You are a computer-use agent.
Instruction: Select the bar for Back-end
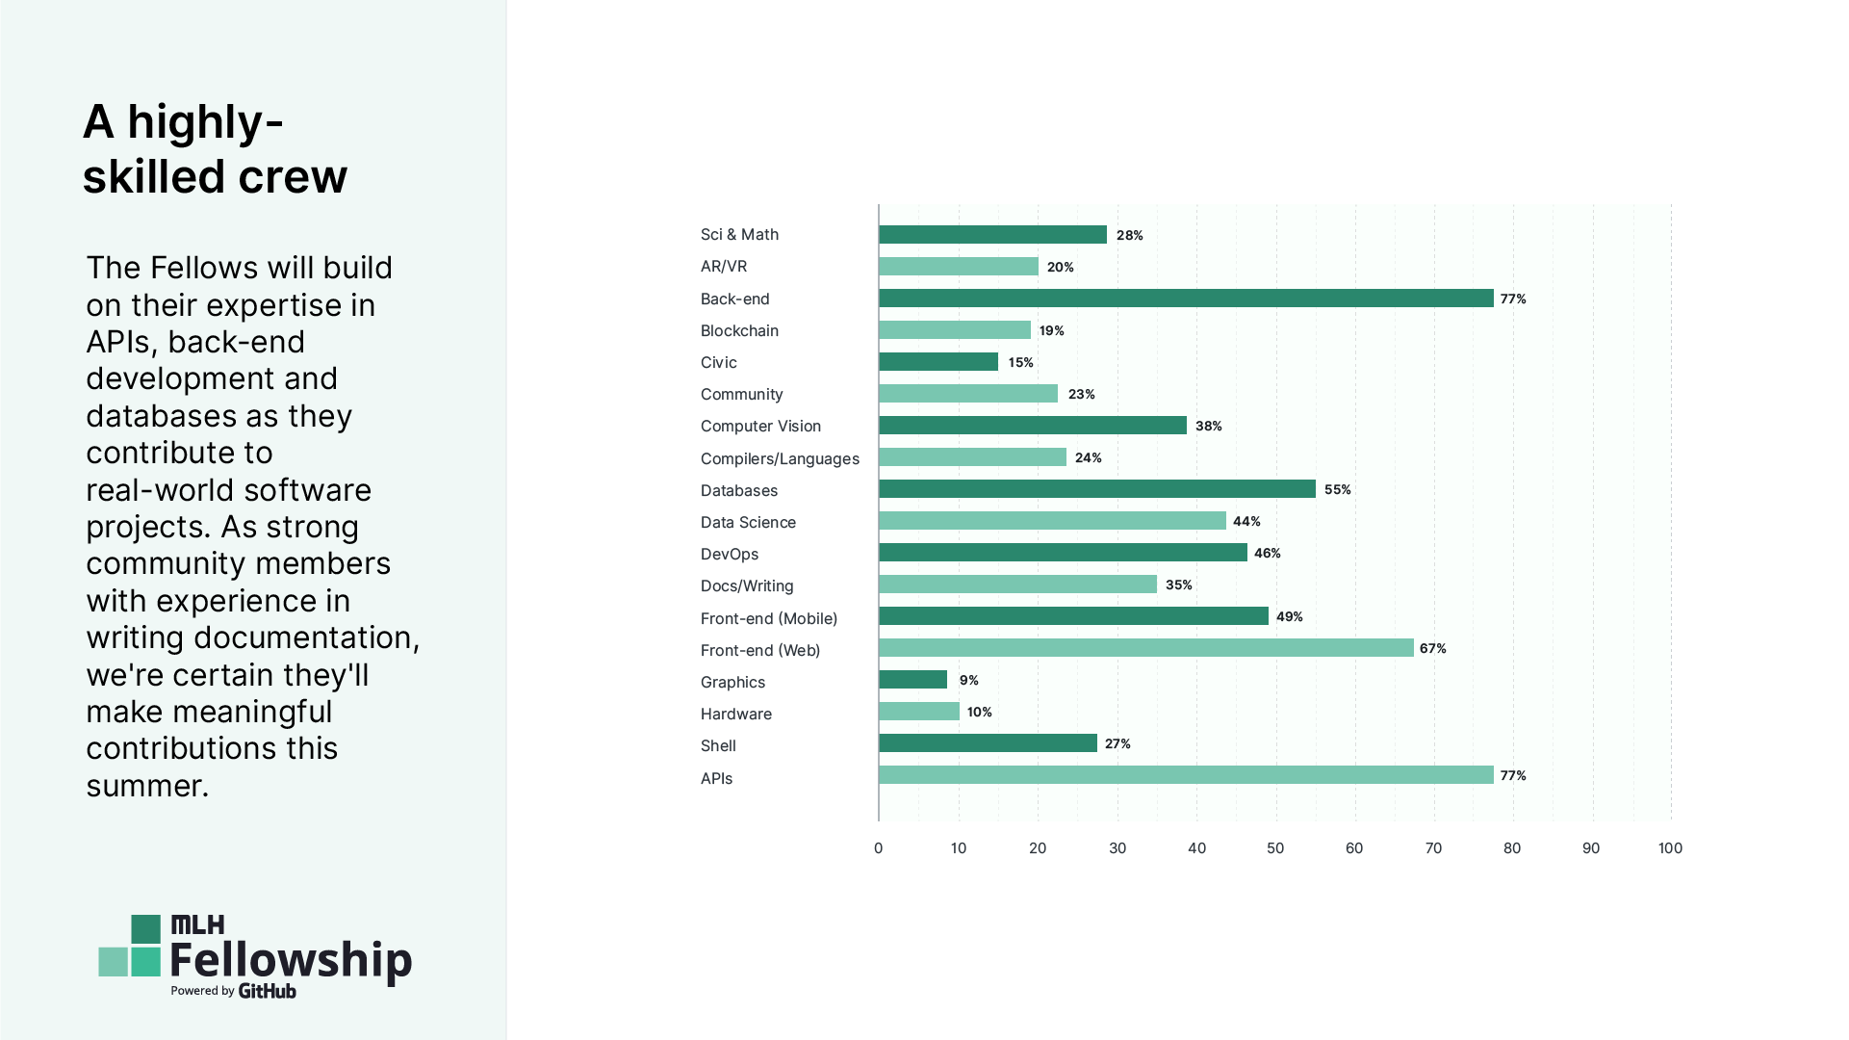click(1186, 299)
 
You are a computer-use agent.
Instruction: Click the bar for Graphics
click(912, 680)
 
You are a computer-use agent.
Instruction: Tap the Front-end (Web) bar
click(1145, 648)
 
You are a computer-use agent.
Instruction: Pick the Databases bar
click(1096, 489)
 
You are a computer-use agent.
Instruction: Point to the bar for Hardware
click(918, 712)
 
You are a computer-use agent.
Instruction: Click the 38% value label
click(1208, 426)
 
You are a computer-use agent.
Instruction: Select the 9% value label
click(968, 680)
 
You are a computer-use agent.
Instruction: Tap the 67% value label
click(1432, 648)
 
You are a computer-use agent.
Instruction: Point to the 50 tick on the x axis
click(1275, 848)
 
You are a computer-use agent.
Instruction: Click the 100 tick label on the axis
click(1670, 848)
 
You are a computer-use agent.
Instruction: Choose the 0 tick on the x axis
click(878, 848)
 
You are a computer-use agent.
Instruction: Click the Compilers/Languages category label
click(780, 458)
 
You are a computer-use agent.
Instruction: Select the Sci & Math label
click(739, 235)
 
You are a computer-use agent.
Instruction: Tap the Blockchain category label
click(739, 330)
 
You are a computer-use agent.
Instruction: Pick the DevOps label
click(730, 554)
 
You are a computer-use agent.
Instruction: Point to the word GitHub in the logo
click(267, 991)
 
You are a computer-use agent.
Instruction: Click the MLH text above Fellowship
click(197, 925)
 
